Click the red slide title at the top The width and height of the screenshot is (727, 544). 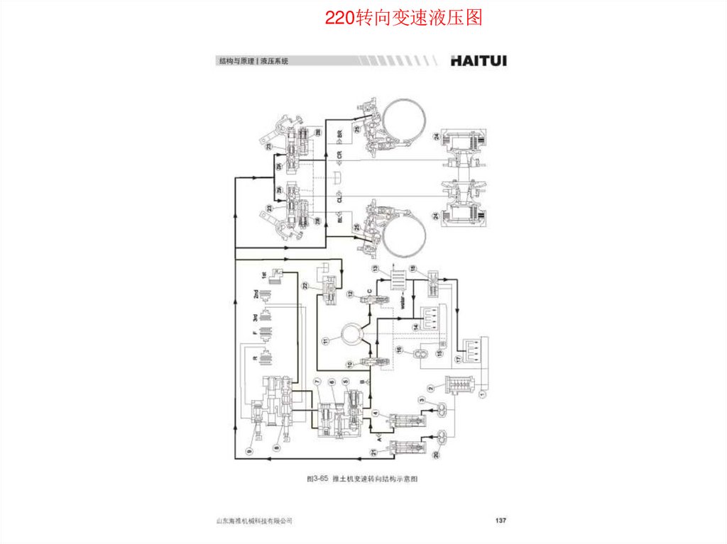403,18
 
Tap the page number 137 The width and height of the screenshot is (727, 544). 500,521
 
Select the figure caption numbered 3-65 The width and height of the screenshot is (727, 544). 362,479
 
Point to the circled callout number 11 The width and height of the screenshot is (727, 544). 326,341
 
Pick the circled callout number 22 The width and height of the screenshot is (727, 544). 305,286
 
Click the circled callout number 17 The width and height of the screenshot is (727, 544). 458,359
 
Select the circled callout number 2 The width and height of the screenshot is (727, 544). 431,387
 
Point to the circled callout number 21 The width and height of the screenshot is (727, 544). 373,453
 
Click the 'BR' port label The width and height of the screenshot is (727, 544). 339,133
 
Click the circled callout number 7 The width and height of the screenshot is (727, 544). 317,382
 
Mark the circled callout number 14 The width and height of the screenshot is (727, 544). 416,326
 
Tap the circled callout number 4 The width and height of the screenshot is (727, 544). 376,413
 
